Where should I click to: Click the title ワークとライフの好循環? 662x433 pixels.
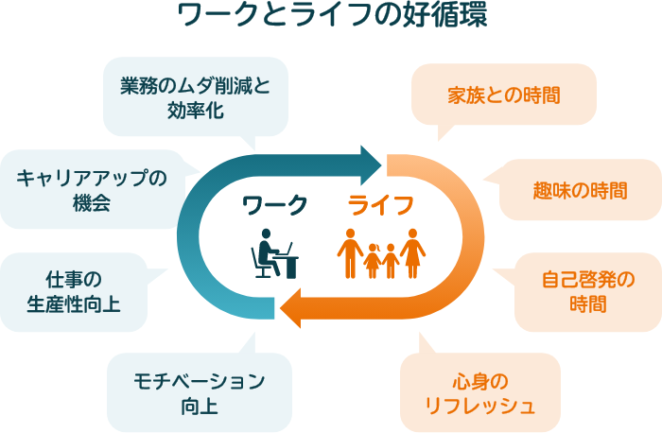(x=331, y=17)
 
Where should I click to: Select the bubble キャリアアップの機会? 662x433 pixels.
(x=91, y=189)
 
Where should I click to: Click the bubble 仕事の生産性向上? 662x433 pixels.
(x=74, y=291)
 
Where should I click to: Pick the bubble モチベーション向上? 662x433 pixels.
(x=200, y=392)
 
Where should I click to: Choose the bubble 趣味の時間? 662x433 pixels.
(x=578, y=190)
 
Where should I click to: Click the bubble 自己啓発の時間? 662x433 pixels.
(x=587, y=291)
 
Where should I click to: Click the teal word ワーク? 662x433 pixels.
(x=275, y=203)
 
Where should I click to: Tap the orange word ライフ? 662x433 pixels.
(x=380, y=203)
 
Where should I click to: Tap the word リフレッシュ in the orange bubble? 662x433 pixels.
(x=480, y=406)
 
